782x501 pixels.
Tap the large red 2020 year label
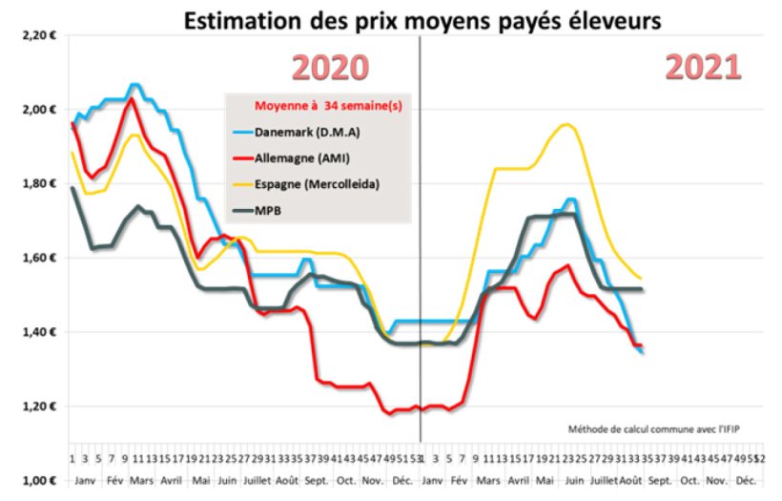coord(329,69)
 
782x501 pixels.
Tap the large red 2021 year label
coord(702,69)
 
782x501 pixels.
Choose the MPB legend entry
coord(276,206)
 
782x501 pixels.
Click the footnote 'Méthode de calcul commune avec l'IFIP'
coord(653,428)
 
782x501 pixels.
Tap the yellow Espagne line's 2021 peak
coord(567,124)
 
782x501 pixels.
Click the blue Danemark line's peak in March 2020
coord(134,85)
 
